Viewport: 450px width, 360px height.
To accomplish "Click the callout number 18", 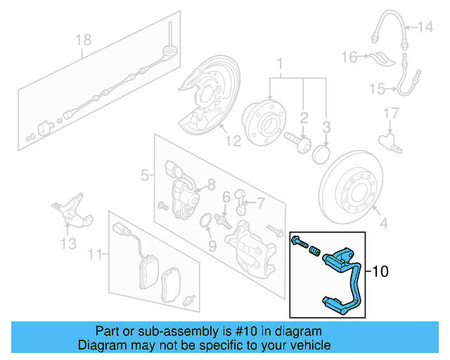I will (84, 40).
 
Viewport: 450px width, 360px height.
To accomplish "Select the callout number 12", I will (233, 141).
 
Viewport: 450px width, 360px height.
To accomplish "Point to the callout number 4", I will (383, 225).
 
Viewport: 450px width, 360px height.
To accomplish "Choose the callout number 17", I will (391, 113).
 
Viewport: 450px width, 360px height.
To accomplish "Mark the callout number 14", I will (426, 27).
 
